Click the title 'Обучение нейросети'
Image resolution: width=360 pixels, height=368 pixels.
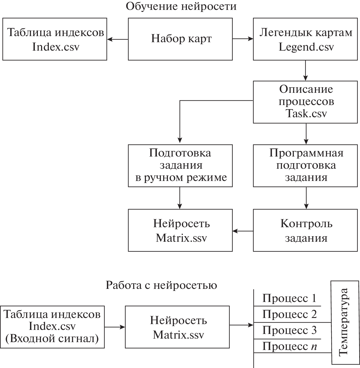click(x=181, y=6)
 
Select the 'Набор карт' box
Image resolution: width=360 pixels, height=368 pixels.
click(x=180, y=39)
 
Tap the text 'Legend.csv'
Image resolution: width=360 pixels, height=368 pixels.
click(x=306, y=47)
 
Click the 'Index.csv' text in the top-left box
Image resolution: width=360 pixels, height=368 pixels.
click(x=55, y=47)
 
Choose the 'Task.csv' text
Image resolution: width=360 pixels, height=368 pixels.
click(x=306, y=113)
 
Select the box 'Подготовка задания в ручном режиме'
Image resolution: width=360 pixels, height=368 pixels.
click(x=180, y=166)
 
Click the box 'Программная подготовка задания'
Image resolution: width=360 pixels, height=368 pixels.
click(x=305, y=166)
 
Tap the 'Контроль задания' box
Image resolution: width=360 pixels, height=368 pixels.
click(x=305, y=230)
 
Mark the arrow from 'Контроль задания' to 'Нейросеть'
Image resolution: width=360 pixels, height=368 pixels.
click(x=243, y=231)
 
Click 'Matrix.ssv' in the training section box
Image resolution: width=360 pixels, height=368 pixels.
click(x=181, y=238)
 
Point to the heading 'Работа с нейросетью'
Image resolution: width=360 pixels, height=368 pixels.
click(x=161, y=285)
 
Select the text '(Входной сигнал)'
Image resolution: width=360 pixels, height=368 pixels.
click(x=52, y=339)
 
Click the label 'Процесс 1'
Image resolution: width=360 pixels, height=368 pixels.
click(x=289, y=298)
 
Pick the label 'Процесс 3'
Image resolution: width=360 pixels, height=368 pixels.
click(x=289, y=330)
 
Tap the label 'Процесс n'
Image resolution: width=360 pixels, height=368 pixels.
click(x=289, y=346)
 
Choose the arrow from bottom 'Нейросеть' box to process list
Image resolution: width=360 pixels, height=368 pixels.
click(x=241, y=325)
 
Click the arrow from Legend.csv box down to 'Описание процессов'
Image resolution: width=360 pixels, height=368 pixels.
click(x=305, y=70)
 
